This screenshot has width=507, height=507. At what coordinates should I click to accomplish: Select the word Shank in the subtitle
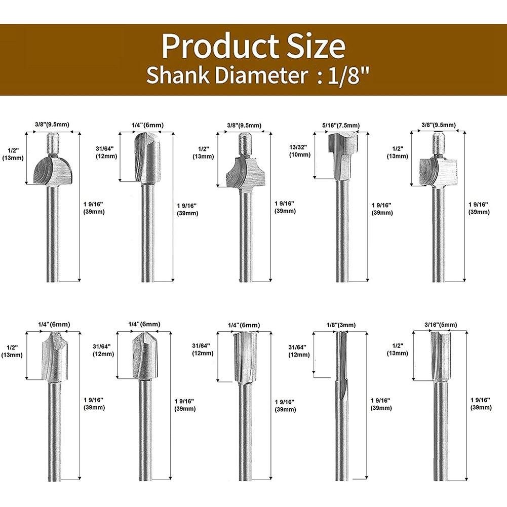pos(178,75)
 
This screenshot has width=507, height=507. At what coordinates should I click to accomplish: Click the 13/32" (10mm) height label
pos(299,150)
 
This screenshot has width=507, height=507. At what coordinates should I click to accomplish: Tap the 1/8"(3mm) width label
pos(341,325)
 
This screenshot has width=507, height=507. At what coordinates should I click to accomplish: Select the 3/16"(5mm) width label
pos(441,325)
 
